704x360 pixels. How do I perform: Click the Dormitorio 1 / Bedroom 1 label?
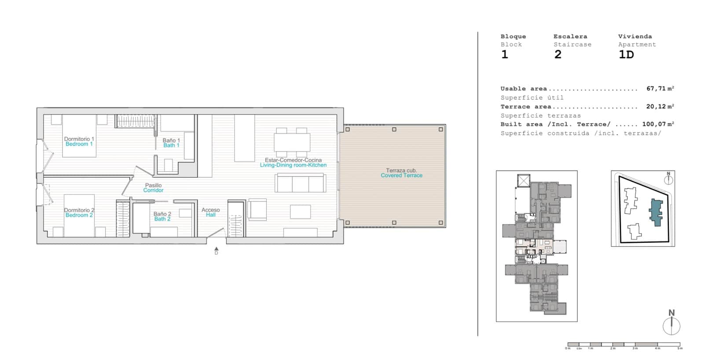point(79,141)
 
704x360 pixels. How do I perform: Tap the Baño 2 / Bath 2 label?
point(162,216)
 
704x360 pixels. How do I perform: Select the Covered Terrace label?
point(401,173)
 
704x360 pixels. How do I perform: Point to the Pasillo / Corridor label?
point(153,188)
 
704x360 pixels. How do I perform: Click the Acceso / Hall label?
point(211,212)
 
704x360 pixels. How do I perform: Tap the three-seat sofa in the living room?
point(301,183)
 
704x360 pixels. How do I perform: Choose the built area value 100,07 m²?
point(658,124)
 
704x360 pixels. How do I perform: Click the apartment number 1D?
point(626,55)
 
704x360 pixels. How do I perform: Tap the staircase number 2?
point(558,55)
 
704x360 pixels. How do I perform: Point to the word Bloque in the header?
point(513,37)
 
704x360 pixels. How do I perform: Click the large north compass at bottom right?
point(671,326)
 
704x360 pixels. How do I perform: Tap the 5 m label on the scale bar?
point(680,349)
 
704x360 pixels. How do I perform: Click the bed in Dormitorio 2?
point(79,216)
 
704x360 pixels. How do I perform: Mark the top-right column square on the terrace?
point(441,129)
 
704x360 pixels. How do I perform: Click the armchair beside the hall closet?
point(257,209)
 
